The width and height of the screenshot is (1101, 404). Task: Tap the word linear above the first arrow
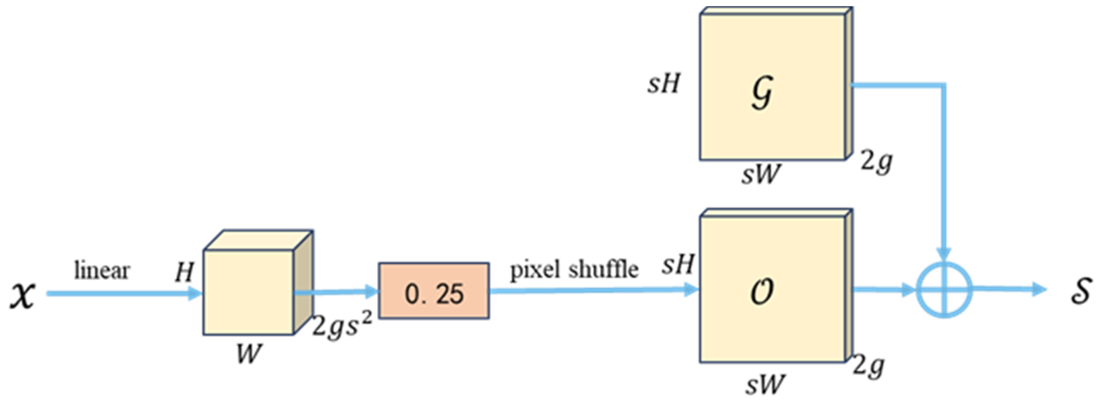tap(102, 270)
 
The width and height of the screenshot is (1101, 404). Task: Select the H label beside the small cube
tap(185, 272)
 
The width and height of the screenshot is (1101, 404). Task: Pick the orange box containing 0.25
tap(434, 291)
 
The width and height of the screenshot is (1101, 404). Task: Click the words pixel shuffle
tap(574, 269)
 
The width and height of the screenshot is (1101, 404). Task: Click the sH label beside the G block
tap(663, 84)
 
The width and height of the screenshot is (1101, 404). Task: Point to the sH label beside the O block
tap(678, 264)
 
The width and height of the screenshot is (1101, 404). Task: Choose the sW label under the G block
tap(761, 174)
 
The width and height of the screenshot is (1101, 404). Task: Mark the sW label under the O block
tap(765, 384)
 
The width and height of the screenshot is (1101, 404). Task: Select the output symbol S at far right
tap(1081, 290)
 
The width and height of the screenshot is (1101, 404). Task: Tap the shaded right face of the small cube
tap(304, 282)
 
